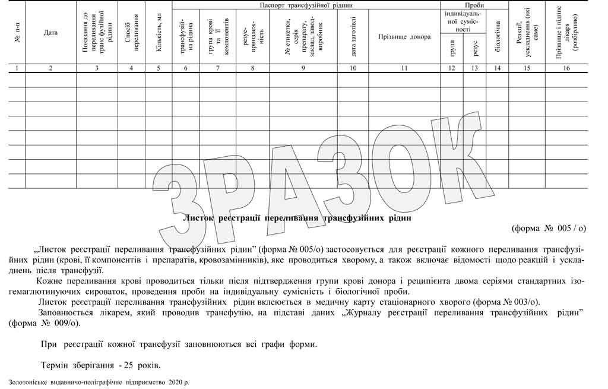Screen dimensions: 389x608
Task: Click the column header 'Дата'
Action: pyautogui.click(x=50, y=33)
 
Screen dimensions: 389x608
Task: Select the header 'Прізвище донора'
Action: pyautogui.click(x=404, y=36)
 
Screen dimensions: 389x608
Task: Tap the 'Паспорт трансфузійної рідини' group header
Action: pyautogui.click(x=305, y=5)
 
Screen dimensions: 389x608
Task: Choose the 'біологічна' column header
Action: pyautogui.click(x=498, y=37)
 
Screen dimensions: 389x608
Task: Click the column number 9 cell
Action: pyautogui.click(x=303, y=68)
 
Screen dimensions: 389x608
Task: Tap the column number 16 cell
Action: pyautogui.click(x=566, y=68)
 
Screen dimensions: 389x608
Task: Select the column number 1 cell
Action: pyautogui.click(x=17, y=68)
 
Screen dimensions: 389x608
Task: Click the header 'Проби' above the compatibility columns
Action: pyautogui.click(x=474, y=5)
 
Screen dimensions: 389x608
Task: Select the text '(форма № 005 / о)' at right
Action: pyautogui.click(x=549, y=228)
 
